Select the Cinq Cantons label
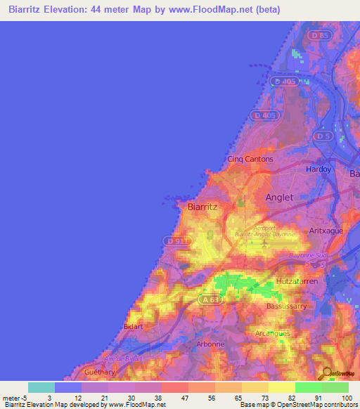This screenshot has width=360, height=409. [250, 160]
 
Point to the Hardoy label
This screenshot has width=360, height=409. [318, 169]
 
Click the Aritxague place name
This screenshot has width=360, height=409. [325, 230]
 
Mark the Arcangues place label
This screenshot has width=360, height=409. [292, 333]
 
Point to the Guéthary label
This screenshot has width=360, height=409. [98, 372]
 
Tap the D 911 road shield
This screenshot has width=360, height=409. [175, 240]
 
